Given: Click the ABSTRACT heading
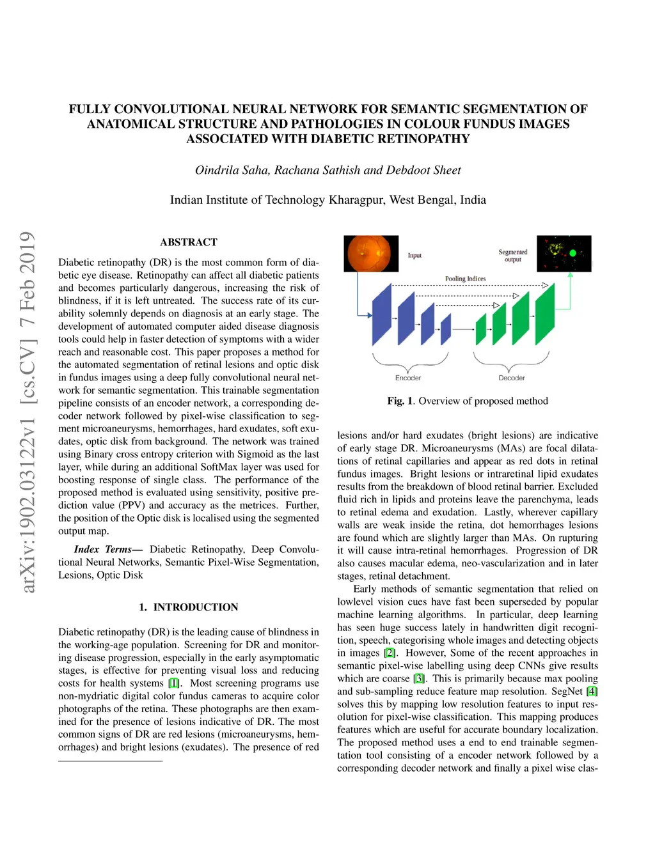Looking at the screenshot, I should (189, 242).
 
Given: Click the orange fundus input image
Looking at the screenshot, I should (371, 254).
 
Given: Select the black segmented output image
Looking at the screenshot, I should (564, 254).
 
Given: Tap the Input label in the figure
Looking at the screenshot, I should (414, 256).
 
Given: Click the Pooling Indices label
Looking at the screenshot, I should (465, 279).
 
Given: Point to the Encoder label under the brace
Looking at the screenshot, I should (408, 378).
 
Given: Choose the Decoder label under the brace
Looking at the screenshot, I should (512, 378).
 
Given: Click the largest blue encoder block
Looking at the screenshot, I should (382, 315).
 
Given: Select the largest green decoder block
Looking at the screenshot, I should (545, 315).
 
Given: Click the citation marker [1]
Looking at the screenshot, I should (173, 683).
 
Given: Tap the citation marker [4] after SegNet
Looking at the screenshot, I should (592, 691).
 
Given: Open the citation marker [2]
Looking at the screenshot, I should (390, 653).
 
